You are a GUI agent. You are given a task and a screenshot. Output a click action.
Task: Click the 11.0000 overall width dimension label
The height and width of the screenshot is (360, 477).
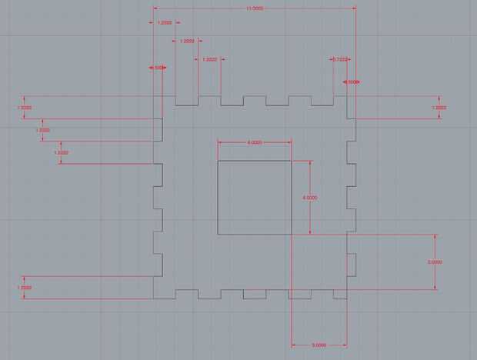(254, 8)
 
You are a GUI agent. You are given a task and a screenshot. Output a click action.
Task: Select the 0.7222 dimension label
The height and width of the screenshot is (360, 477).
(341, 58)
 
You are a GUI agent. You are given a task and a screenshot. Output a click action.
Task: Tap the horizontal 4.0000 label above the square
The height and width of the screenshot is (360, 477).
(254, 142)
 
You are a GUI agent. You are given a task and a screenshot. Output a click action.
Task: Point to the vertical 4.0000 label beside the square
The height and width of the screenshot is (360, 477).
(310, 198)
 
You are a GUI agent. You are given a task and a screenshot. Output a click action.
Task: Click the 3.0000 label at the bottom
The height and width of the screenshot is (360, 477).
(319, 345)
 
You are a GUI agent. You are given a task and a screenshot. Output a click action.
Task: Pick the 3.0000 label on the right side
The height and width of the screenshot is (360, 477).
(435, 262)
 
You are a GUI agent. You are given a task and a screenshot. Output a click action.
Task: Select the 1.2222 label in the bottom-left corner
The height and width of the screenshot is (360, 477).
(24, 287)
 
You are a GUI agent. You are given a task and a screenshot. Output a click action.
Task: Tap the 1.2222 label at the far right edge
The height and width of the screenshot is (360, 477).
(439, 108)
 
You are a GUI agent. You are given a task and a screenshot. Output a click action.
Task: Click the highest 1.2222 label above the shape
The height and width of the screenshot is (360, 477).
(165, 22)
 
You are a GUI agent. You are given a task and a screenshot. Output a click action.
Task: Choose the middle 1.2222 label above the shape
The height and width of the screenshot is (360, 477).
(187, 41)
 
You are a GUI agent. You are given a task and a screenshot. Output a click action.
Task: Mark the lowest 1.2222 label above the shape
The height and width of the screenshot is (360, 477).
(209, 58)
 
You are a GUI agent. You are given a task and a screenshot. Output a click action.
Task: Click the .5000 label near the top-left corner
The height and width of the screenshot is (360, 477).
(158, 68)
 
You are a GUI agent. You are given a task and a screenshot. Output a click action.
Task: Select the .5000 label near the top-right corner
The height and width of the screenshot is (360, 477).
(352, 82)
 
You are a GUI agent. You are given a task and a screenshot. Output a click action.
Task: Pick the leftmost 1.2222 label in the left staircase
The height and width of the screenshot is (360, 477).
(24, 108)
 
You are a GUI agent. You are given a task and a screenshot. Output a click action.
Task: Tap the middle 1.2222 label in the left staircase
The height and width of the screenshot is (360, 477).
(43, 130)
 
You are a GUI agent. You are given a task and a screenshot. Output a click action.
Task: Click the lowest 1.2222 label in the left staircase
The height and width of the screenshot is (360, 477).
(62, 152)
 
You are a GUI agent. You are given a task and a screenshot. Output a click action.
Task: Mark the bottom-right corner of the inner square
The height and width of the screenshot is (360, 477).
(292, 234)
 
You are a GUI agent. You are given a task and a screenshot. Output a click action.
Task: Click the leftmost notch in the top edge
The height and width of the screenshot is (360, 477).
(187, 101)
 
